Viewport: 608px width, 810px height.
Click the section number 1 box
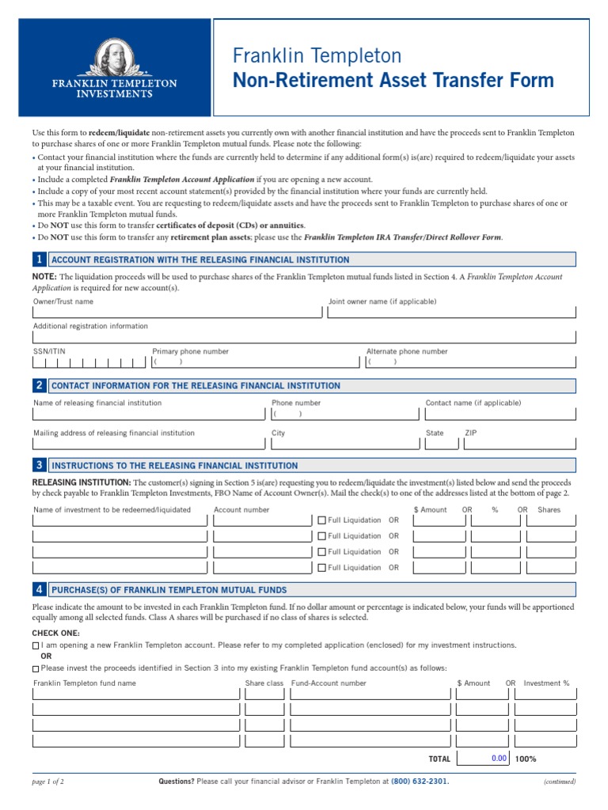tap(39, 259)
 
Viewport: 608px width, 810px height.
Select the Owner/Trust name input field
tap(177, 313)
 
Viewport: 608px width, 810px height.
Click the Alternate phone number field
tap(470, 362)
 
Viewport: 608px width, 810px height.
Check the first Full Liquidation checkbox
tap(321, 520)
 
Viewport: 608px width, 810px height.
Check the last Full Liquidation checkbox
tap(321, 568)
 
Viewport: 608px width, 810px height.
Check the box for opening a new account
tap(36, 645)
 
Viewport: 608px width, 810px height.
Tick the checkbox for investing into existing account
tap(36, 668)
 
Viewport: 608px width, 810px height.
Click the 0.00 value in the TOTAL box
tap(498, 758)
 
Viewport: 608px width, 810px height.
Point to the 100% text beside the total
tap(526, 759)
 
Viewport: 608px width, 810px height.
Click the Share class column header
tap(264, 683)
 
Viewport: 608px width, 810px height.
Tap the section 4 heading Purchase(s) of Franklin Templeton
tap(169, 590)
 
